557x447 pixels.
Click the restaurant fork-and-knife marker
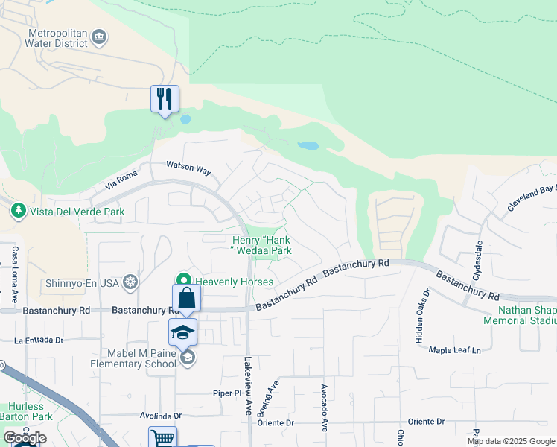(x=165, y=99)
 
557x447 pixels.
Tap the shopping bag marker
(x=186, y=299)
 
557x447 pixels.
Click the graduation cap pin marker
(x=182, y=332)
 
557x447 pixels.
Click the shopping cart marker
(x=162, y=437)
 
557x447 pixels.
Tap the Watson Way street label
(x=188, y=168)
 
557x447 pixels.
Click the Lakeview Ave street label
(x=249, y=386)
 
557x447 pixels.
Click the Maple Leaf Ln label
(x=462, y=349)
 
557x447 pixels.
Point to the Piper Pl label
(x=227, y=393)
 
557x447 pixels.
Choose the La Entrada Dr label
(x=39, y=340)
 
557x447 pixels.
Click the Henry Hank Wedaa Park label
(x=261, y=246)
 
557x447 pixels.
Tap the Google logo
(x=25, y=438)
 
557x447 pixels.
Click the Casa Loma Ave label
(x=14, y=269)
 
